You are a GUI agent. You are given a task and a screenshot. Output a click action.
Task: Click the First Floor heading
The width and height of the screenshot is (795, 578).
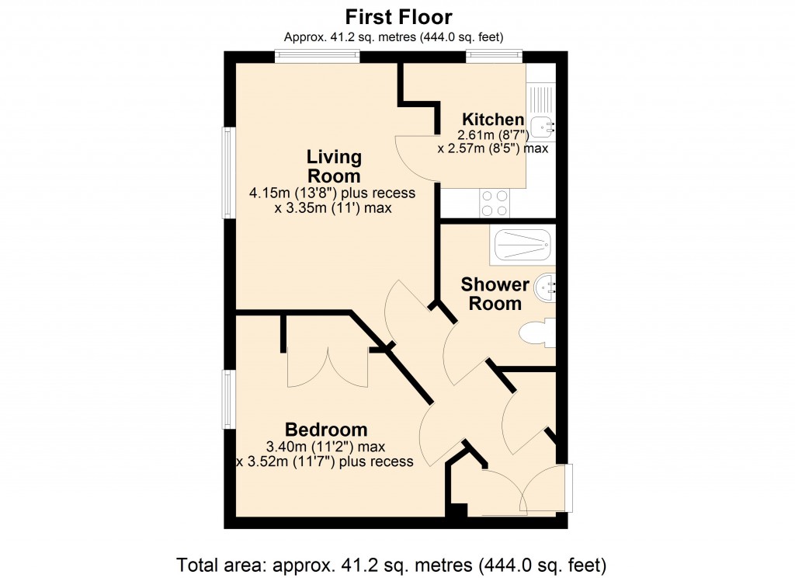pos(398,16)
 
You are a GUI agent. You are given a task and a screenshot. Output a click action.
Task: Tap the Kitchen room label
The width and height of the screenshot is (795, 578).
pos(493,120)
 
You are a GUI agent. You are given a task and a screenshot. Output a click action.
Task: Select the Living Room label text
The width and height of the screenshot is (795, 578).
pos(334,166)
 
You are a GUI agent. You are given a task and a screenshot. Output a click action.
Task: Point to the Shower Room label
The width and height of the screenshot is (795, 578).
pos(495,294)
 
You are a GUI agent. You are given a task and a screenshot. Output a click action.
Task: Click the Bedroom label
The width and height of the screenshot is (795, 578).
pos(326,430)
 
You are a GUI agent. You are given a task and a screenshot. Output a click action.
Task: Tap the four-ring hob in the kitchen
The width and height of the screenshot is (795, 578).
pos(495,203)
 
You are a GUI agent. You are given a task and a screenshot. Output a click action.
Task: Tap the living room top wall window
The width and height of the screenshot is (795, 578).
pos(317,56)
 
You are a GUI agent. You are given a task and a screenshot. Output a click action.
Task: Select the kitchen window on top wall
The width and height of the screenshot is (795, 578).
pos(493,56)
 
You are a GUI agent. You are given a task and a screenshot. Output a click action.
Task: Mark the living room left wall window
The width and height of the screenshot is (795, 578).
pos(228,172)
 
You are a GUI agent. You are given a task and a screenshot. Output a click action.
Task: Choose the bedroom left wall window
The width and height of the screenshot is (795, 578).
pos(228,399)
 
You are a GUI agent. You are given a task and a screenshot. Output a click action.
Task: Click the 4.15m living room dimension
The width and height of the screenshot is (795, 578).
pos(332,193)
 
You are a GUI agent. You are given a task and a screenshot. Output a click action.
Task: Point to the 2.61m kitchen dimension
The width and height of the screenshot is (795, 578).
pos(493,134)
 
